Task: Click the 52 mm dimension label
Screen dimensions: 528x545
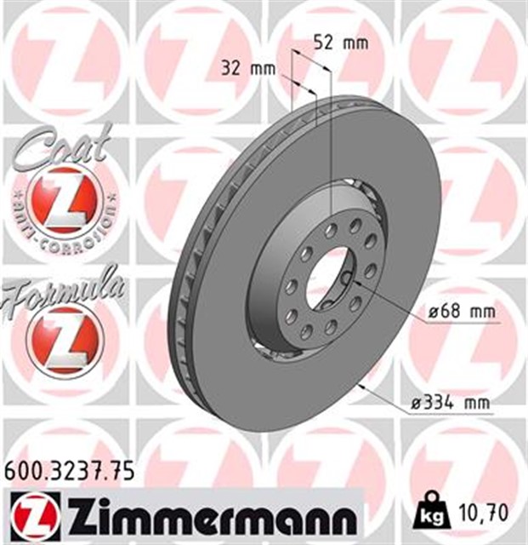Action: point(341,43)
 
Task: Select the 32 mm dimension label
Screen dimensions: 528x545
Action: point(248,68)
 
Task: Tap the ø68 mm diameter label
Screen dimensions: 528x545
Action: point(462,312)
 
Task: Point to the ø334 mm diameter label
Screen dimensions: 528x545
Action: point(451,403)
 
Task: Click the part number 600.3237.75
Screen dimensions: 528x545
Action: point(70,473)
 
